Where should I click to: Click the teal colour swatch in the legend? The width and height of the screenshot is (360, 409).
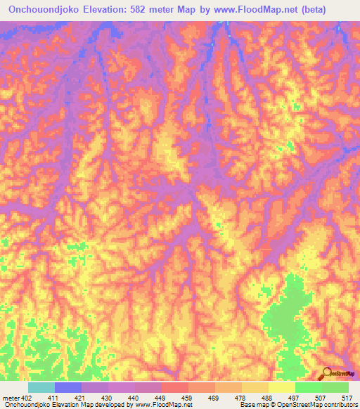pyautogui.click(x=41, y=387)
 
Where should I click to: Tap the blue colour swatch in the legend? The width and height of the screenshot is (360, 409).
pyautogui.click(x=68, y=387)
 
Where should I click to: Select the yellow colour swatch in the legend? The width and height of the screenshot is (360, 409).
pyautogui.click(x=281, y=387)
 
